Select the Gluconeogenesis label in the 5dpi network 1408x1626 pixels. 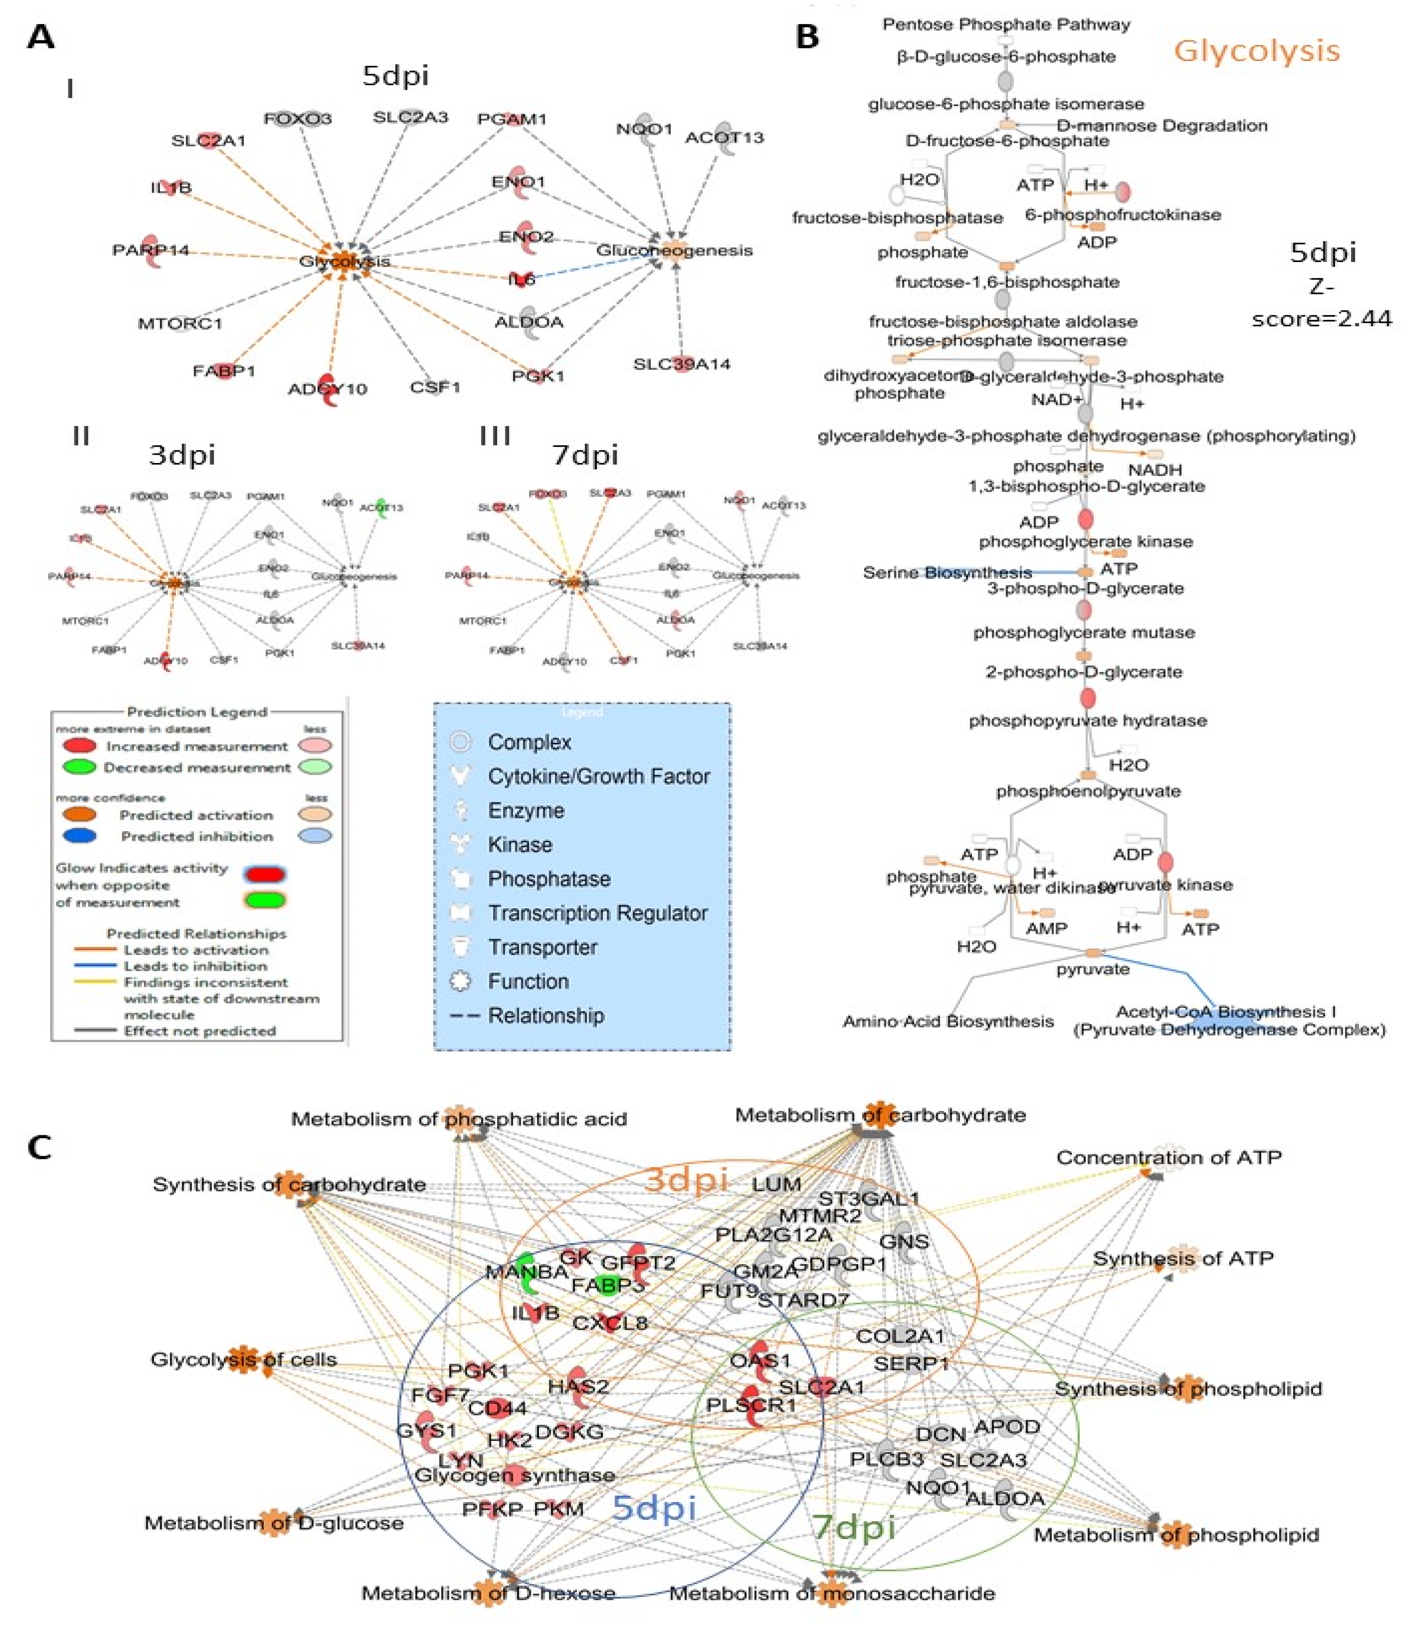(674, 250)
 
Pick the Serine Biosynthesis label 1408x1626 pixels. (947, 572)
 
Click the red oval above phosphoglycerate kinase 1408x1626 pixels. (1085, 519)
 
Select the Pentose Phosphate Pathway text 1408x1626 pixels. (1006, 24)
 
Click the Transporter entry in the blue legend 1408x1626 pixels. (542, 947)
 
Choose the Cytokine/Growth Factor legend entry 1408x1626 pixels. (599, 777)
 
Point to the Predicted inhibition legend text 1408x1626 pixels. (196, 836)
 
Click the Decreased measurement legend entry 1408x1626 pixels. (196, 767)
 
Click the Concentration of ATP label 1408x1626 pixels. (1168, 1157)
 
